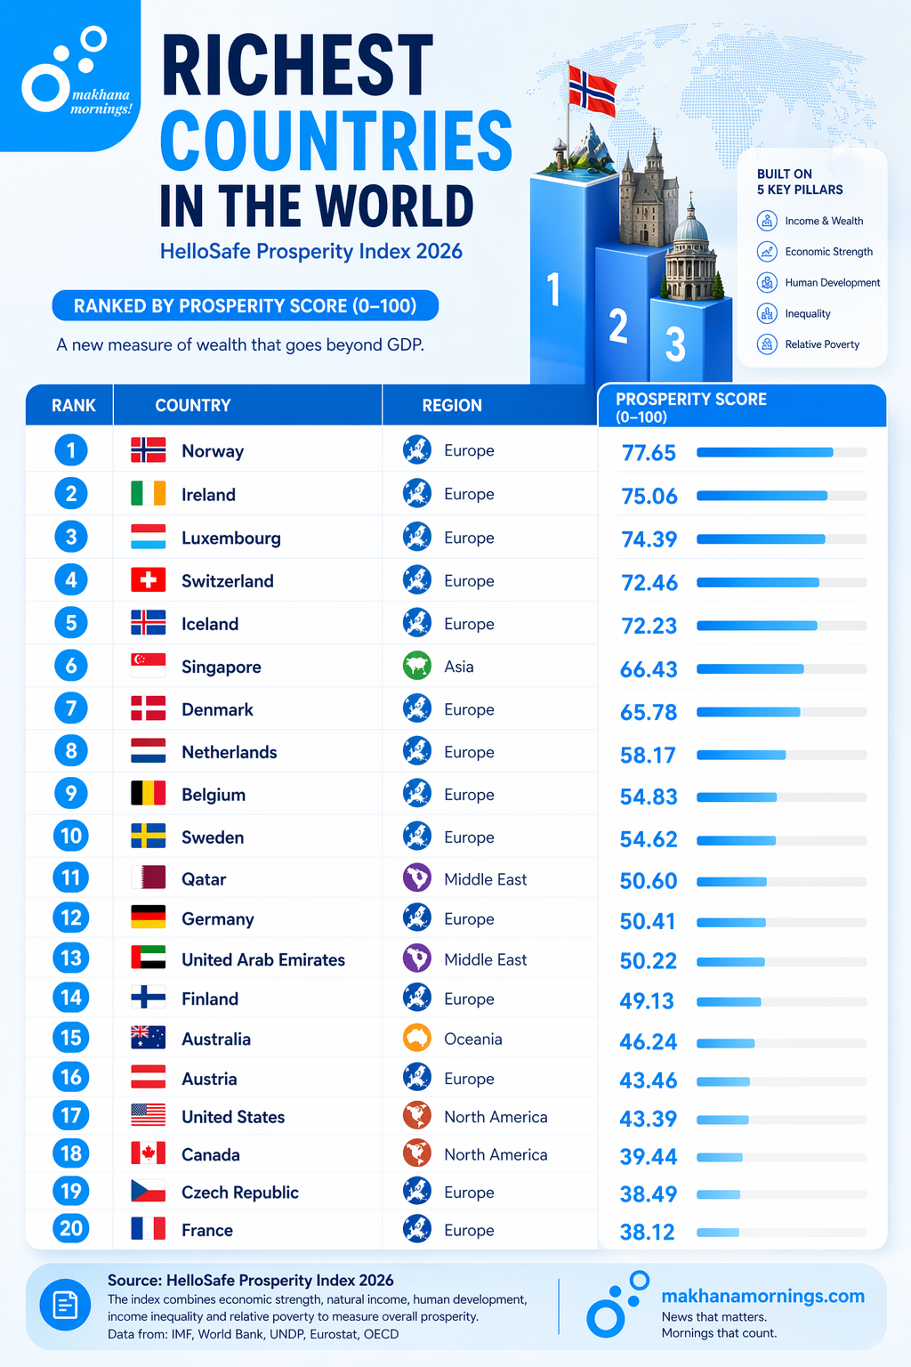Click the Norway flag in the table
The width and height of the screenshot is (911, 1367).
pyautogui.click(x=148, y=450)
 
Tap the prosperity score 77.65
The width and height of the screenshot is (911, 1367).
pyautogui.click(x=649, y=453)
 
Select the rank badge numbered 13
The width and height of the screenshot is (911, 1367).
pyautogui.click(x=71, y=959)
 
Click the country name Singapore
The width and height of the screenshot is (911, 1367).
pyautogui.click(x=221, y=667)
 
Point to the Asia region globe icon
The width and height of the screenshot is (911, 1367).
pyautogui.click(x=417, y=666)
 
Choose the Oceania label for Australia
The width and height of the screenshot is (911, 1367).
pyautogui.click(x=472, y=1039)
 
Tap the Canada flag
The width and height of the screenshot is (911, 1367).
pyautogui.click(x=148, y=1153)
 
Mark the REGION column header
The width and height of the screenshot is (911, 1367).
pyautogui.click(x=452, y=405)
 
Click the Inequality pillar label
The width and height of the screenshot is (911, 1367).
pyautogui.click(x=807, y=313)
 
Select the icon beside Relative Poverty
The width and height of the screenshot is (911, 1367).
pyautogui.click(x=767, y=344)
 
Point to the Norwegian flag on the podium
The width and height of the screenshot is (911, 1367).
pyautogui.click(x=593, y=90)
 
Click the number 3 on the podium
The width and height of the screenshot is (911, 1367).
pyautogui.click(x=675, y=344)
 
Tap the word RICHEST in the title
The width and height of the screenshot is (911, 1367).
pyautogui.click(x=297, y=66)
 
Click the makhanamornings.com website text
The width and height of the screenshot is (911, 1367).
pyautogui.click(x=762, y=1296)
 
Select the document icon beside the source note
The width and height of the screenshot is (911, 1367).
pyautogui.click(x=65, y=1306)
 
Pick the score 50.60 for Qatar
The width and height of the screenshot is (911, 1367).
pyautogui.click(x=648, y=881)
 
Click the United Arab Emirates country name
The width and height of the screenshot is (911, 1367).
pyautogui.click(x=262, y=959)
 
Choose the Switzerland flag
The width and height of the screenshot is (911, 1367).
pyautogui.click(x=148, y=580)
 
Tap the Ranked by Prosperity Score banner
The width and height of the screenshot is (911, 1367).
pyautogui.click(x=245, y=305)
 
